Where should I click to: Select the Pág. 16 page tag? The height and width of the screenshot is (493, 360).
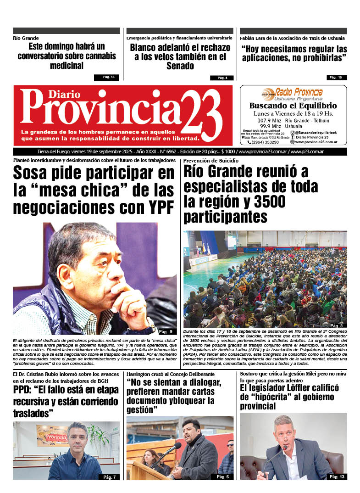pyautogui.click(x=106, y=77)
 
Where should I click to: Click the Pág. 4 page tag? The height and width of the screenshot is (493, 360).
pyautogui.click(x=222, y=78)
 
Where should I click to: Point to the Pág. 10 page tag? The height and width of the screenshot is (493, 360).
pyautogui.click(x=337, y=77)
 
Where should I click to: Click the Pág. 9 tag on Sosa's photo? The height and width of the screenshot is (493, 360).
pyautogui.click(x=165, y=331)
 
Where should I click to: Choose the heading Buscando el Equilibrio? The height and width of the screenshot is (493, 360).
pyautogui.click(x=293, y=106)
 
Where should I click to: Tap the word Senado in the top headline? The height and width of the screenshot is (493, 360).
pyautogui.click(x=180, y=66)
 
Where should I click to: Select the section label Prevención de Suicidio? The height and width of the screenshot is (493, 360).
pyautogui.click(x=211, y=161)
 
